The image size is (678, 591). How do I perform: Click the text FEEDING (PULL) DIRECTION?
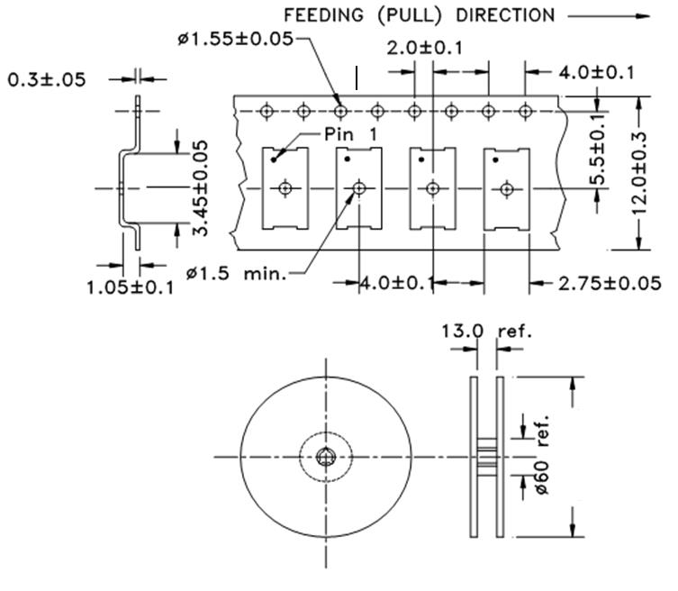tap(420, 15)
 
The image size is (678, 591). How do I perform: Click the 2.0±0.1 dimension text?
tap(424, 48)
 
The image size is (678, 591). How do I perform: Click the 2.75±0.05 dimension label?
tap(610, 283)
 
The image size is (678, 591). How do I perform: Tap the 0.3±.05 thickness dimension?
tap(47, 79)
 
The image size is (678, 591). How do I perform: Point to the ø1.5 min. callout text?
tap(237, 273)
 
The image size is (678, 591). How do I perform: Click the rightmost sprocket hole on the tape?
tap(525, 111)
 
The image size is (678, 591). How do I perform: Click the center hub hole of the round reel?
tap(326, 458)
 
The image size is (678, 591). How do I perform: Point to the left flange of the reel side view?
tap(474, 457)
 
